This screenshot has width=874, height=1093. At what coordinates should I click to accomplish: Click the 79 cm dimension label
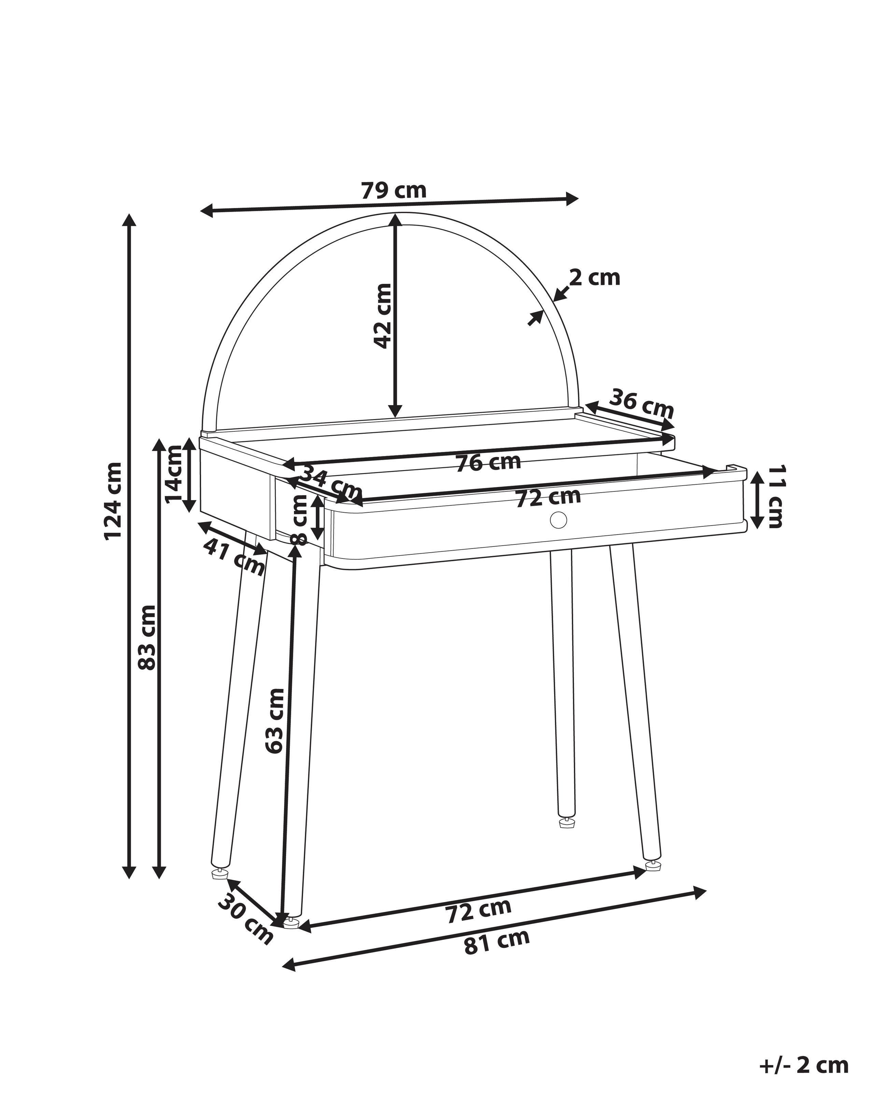pyautogui.click(x=394, y=191)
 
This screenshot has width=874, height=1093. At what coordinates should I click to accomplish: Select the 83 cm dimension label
pyautogui.click(x=147, y=637)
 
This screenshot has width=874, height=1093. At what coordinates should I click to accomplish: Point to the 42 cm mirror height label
pyautogui.click(x=382, y=316)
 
